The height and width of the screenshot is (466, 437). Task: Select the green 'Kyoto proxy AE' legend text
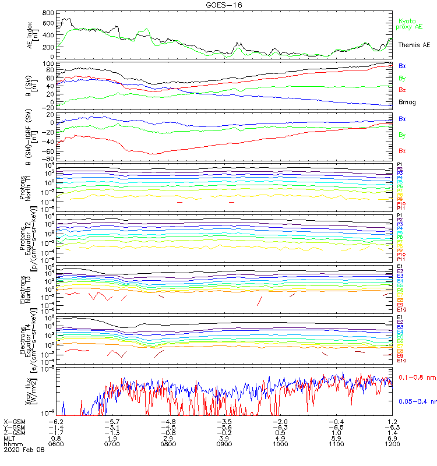point(410,23)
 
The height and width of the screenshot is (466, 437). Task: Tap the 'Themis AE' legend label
point(414,45)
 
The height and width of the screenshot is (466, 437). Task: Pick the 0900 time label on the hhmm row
point(224,443)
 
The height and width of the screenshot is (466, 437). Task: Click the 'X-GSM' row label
point(16,421)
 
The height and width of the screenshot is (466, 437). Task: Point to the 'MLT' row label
point(10,438)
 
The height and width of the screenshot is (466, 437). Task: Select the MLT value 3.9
point(224,438)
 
